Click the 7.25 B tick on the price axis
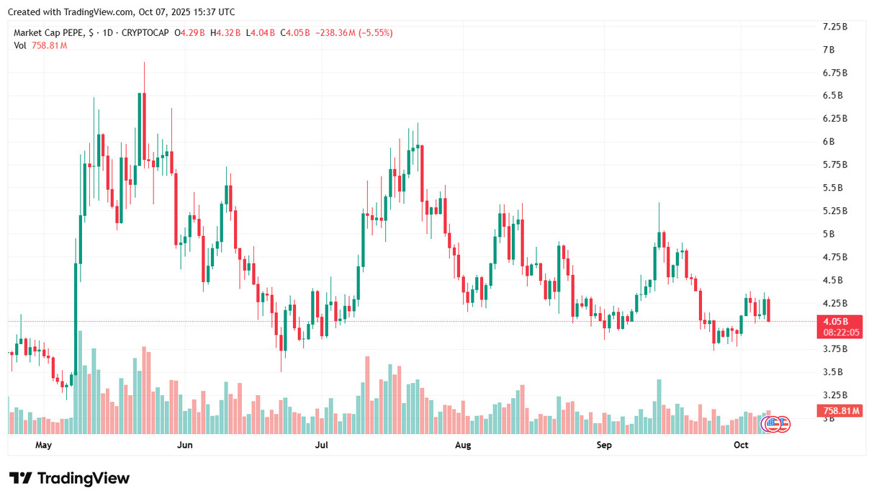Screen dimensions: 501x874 (x=834, y=27)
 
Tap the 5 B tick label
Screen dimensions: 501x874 (x=829, y=234)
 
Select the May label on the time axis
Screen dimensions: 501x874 (x=45, y=446)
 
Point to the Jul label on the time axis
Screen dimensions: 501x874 (x=322, y=446)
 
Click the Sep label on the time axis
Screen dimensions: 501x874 (x=604, y=446)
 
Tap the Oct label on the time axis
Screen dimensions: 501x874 (x=742, y=446)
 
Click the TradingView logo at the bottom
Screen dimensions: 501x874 (x=70, y=479)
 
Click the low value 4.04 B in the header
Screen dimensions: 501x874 (x=261, y=33)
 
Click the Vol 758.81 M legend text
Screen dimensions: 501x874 (x=40, y=45)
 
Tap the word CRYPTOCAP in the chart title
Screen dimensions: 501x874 (x=147, y=33)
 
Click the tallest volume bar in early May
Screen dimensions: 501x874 (x=80, y=382)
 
